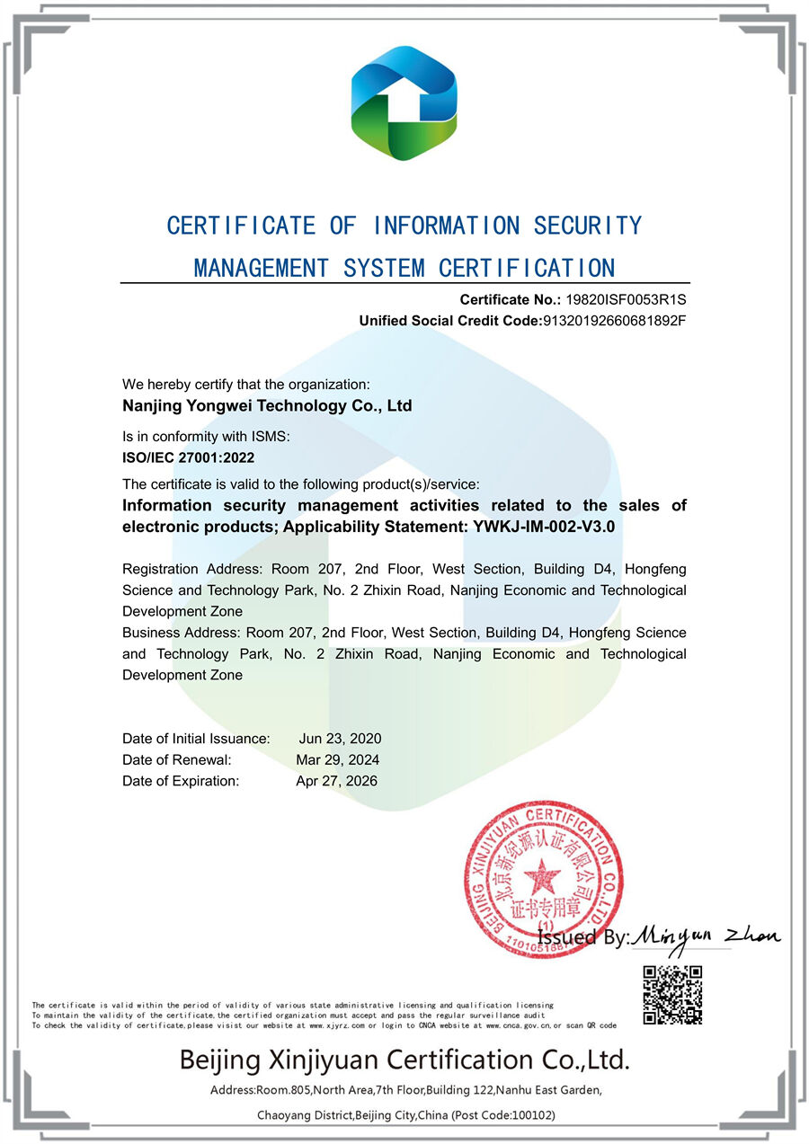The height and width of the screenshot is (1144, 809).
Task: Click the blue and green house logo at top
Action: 404,102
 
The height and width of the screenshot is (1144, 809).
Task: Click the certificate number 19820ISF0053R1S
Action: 625,299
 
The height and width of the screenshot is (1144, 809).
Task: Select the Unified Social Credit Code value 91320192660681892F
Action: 614,320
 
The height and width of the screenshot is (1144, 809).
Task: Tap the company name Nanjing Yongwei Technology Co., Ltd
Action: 267,405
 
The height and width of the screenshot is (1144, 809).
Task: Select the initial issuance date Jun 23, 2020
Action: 340,739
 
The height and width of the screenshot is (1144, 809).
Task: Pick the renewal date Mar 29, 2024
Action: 338,759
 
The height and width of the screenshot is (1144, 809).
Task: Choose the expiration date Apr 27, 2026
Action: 337,781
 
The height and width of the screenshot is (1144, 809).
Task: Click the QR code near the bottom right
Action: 672,995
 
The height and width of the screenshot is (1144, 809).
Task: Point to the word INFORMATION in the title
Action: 446,226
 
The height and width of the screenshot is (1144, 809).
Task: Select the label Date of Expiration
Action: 181,781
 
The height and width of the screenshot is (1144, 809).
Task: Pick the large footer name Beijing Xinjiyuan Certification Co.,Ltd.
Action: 404,1060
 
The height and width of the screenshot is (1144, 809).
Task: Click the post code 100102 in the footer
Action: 528,1115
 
